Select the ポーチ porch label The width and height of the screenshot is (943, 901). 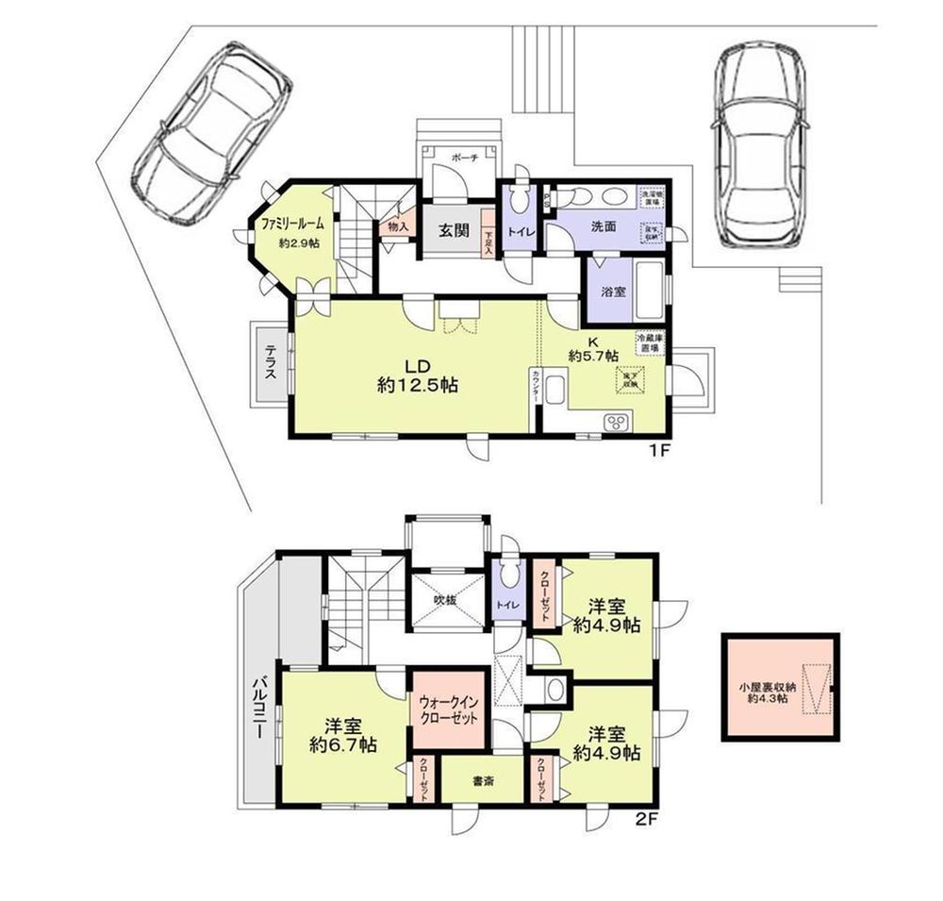pos(463,159)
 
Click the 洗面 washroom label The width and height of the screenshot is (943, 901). pos(604,227)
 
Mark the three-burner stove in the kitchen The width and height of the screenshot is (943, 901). pos(619,421)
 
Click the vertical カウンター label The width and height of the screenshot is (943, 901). pos(536,387)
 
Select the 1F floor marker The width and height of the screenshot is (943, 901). pos(657,449)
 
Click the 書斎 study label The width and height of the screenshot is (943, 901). pos(484,780)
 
